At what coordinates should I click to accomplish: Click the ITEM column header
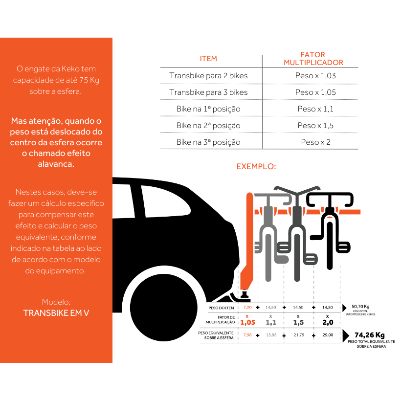208,59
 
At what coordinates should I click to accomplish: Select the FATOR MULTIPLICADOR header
313,59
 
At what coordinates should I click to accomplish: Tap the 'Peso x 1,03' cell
315,76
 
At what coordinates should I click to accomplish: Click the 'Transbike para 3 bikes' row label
208,92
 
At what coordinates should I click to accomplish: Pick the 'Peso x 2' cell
315,142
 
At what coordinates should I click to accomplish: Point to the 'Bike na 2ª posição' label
208,126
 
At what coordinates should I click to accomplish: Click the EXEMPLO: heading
256,166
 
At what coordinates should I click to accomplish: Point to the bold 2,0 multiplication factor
327,322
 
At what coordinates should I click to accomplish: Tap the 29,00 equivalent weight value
327,335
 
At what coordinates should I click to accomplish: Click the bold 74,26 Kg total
370,335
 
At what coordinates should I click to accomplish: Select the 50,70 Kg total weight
360,307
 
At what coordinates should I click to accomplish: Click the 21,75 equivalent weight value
298,335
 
